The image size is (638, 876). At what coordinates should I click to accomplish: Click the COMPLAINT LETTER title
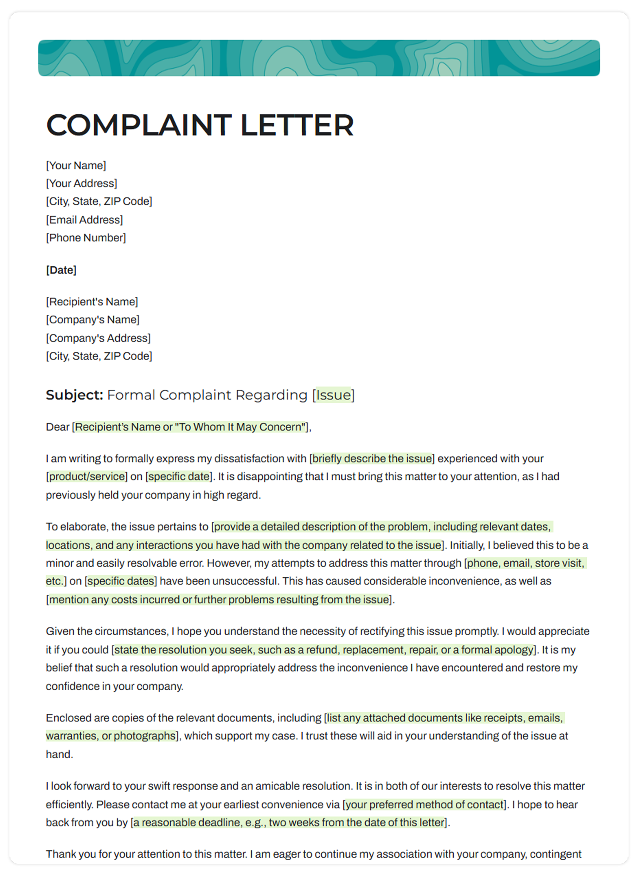click(x=200, y=125)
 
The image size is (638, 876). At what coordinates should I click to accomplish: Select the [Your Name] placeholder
click(x=76, y=165)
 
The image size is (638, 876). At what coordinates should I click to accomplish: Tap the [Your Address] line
click(x=82, y=183)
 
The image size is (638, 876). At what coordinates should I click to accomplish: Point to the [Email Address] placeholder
click(x=85, y=220)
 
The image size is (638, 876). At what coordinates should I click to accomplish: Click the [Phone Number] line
click(x=86, y=238)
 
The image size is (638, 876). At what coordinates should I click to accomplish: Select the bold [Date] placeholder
click(x=61, y=270)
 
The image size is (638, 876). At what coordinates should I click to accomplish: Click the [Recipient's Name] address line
click(x=92, y=302)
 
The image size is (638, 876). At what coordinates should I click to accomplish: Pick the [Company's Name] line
click(x=93, y=320)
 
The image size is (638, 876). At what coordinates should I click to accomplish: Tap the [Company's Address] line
click(x=98, y=338)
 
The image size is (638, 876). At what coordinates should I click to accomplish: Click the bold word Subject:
click(x=75, y=395)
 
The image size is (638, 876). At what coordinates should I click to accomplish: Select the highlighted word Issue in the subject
click(x=333, y=395)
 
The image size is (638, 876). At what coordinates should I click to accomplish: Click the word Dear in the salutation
click(x=57, y=427)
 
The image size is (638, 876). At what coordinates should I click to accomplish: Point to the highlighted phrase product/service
click(x=87, y=476)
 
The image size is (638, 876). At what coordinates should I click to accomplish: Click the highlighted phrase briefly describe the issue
click(x=372, y=458)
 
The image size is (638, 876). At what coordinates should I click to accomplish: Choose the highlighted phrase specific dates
click(x=121, y=581)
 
